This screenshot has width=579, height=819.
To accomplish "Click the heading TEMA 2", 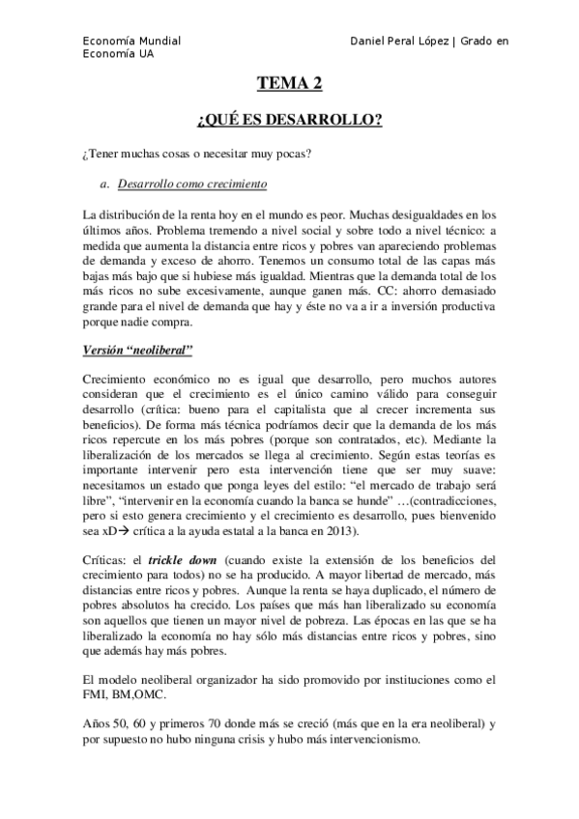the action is [289, 86].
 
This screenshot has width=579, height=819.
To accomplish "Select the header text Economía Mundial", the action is [131, 42].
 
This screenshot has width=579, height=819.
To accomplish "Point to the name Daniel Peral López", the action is [398, 42].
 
